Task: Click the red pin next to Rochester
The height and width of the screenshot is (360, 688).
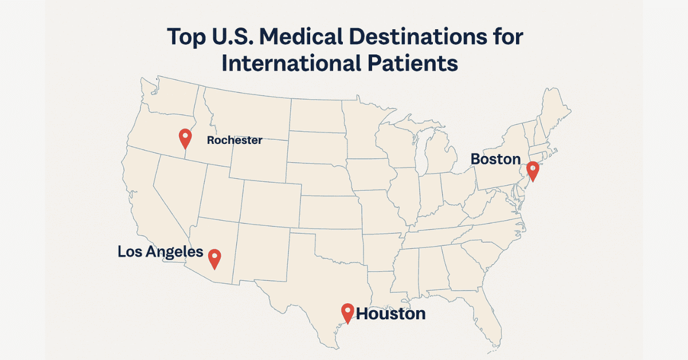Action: click(185, 137)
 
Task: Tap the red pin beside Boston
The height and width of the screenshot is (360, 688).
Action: click(533, 170)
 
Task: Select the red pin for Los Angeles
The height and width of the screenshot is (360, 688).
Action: click(214, 257)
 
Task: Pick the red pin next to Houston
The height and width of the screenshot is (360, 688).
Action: click(347, 311)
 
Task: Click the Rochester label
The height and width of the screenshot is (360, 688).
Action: click(234, 140)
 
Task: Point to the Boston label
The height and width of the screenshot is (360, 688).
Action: click(495, 159)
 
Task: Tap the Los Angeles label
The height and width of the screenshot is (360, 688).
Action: click(161, 251)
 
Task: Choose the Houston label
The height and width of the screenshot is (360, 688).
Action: click(391, 314)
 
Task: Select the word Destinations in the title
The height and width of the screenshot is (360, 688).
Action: click(428, 37)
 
